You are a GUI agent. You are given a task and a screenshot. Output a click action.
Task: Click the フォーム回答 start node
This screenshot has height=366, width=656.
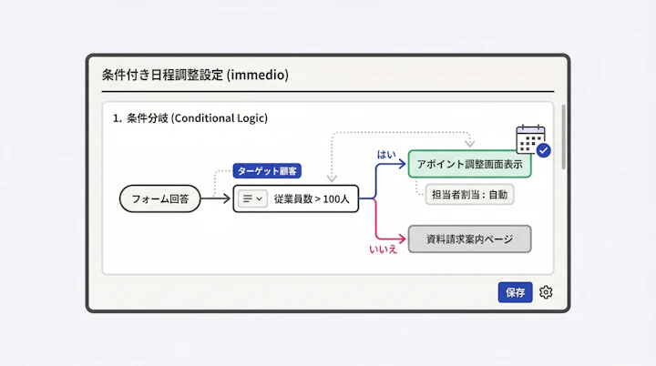160,198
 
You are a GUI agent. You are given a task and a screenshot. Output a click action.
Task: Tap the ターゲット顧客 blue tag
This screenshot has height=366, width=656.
266,170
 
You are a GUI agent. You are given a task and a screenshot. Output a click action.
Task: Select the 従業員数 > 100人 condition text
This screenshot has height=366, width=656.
311,198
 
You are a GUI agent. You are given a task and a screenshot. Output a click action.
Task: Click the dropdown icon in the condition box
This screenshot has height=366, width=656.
251,198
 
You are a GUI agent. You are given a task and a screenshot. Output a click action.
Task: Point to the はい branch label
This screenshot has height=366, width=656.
386,155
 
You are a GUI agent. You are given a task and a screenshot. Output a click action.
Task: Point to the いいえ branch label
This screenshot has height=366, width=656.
383,249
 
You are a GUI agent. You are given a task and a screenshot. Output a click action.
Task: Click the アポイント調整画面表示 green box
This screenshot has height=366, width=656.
468,164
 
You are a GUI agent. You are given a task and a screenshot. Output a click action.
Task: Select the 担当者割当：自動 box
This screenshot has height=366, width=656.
469,194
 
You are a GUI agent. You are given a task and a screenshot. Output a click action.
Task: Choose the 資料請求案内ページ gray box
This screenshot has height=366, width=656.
469,239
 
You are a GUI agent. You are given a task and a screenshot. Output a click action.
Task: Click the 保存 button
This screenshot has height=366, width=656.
515,292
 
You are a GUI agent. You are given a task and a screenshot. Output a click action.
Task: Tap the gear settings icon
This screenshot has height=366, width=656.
546,292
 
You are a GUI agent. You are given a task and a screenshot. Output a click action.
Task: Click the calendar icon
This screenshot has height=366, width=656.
529,138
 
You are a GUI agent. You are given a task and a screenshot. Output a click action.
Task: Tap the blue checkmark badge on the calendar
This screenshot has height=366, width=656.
543,150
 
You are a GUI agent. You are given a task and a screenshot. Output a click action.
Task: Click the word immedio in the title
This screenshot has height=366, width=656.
259,75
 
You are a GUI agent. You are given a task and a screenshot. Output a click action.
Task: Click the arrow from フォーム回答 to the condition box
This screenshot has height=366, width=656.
216,198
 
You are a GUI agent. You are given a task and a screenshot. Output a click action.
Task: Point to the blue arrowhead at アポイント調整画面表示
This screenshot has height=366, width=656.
404,164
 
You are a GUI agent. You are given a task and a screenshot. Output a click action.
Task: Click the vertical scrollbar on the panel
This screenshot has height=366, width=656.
563,137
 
